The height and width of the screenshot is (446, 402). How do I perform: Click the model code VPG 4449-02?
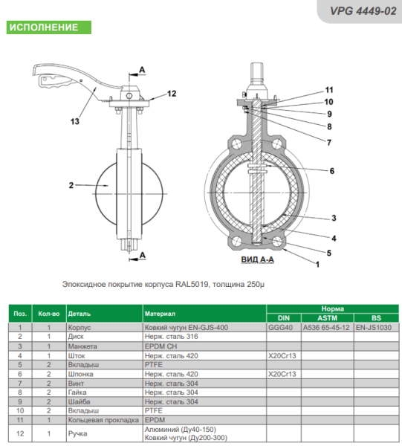[x=363, y=11]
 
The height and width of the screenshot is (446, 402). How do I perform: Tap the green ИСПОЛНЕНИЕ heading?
[x=44, y=28]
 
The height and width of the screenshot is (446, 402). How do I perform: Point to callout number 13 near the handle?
[x=75, y=121]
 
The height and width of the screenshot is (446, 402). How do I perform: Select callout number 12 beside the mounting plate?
[x=172, y=94]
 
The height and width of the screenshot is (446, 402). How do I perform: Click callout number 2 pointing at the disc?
[x=71, y=185]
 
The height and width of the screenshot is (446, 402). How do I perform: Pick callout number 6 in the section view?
[x=331, y=171]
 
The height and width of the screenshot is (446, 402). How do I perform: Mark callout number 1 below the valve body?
[x=317, y=265]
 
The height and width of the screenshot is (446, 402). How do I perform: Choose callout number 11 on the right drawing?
[x=329, y=90]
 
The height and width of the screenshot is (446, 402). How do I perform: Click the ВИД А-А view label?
[x=258, y=259]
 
